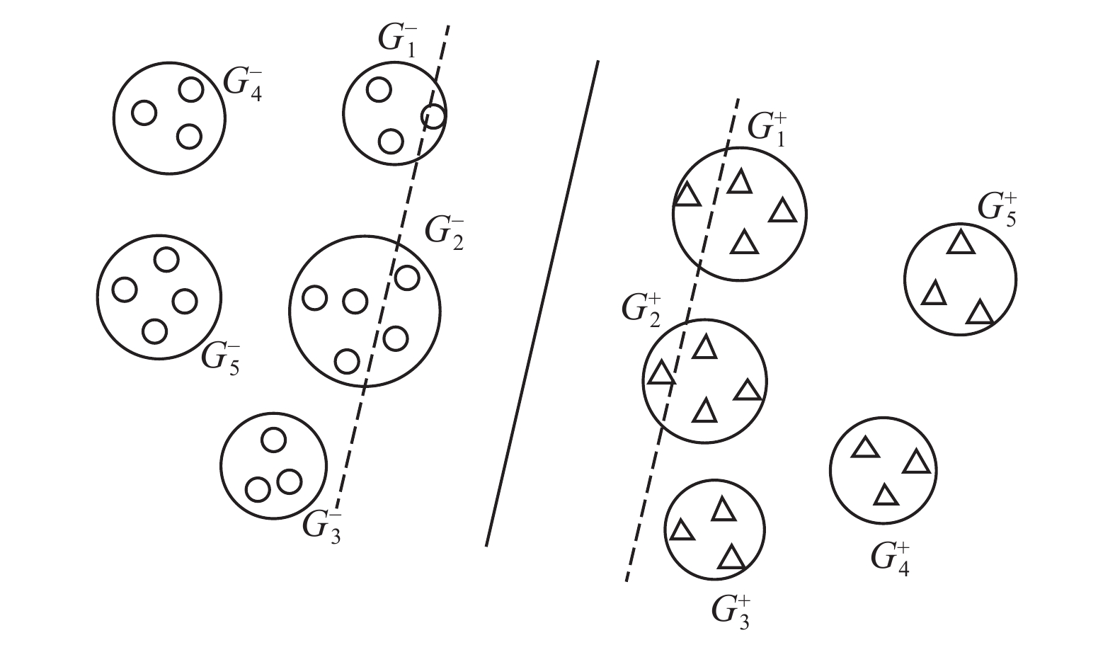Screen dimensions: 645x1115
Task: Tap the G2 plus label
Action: coord(641,309)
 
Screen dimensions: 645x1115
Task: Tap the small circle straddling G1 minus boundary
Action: coord(433,115)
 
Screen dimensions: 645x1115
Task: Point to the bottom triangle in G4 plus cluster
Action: coord(885,495)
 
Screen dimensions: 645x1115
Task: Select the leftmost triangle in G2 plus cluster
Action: coord(661,373)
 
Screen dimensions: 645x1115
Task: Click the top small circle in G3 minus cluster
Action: coord(273,440)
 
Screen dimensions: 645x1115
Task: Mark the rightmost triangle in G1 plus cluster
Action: coord(782,211)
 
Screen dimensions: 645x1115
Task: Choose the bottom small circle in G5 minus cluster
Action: coord(154,330)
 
